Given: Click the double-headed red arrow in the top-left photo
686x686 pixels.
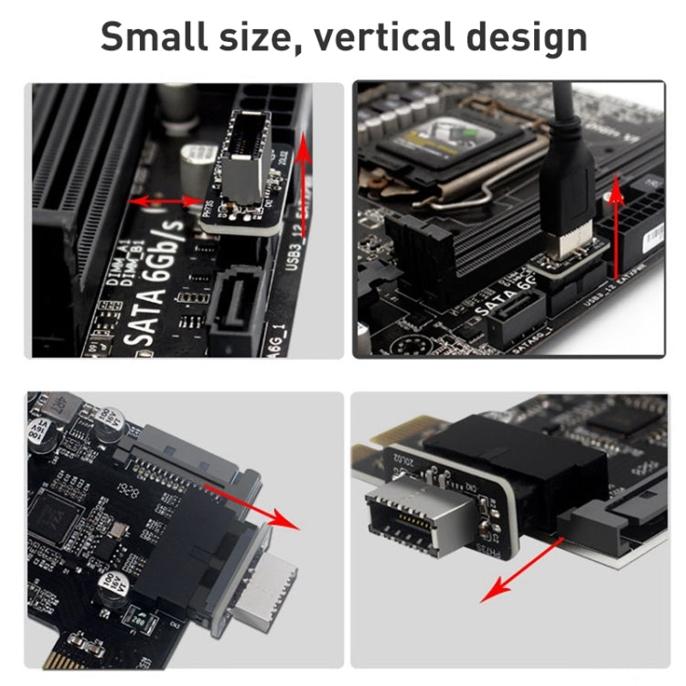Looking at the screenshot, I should click(166, 200).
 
